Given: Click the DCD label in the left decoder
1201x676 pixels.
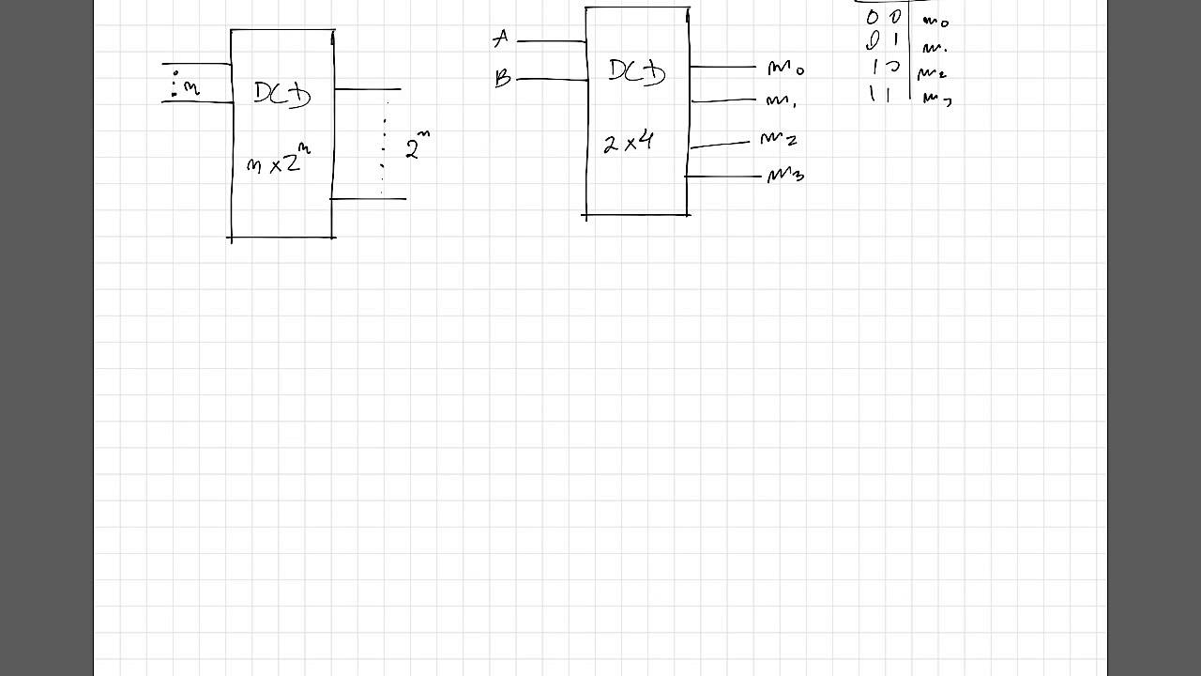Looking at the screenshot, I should (x=281, y=94).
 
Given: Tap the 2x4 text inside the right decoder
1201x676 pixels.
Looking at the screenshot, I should (x=628, y=143).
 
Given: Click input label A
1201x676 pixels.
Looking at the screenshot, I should (x=500, y=39).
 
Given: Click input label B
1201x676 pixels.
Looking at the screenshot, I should (x=502, y=79).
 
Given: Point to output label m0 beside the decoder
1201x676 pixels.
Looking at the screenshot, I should (x=784, y=69).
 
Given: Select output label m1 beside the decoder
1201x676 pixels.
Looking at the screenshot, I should (x=781, y=100).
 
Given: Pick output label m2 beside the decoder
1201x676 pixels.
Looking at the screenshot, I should (x=779, y=140).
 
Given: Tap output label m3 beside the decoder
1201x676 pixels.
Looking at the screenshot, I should (x=785, y=176).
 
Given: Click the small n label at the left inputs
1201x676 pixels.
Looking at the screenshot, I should (x=190, y=88).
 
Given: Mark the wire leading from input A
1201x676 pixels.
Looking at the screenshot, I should (x=552, y=41).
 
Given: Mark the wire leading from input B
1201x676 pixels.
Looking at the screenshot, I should (x=552, y=80).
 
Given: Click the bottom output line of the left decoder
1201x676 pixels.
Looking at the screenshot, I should (x=369, y=198).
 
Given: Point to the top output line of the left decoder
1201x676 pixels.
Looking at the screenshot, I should (x=368, y=89).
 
